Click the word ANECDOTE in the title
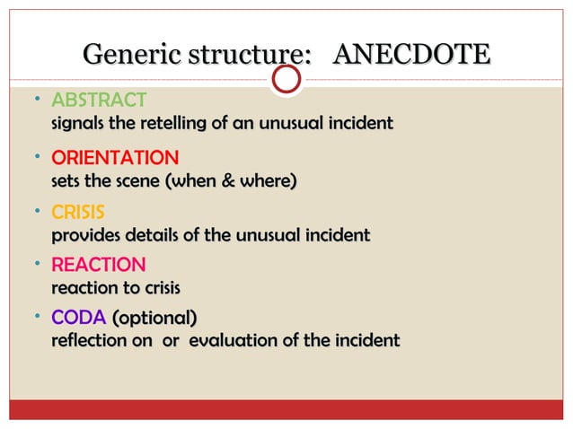[x=411, y=54]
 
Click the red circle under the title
[x=286, y=80]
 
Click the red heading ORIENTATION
[x=115, y=158]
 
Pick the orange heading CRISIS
[x=78, y=213]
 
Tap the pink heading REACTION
[x=98, y=266]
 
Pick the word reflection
[x=90, y=341]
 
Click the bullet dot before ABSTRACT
[x=30, y=93]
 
